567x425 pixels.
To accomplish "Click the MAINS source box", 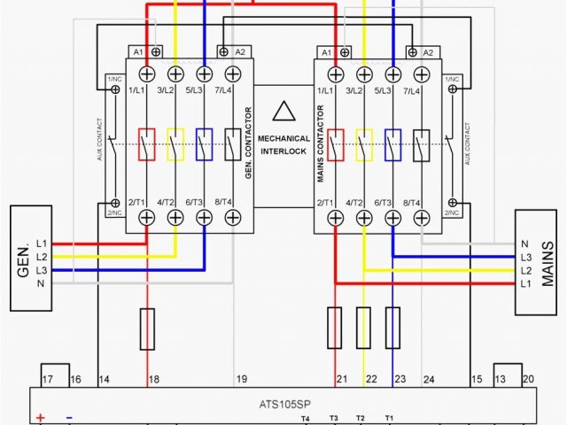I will [539, 263].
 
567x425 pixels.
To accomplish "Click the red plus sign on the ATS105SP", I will [40, 417].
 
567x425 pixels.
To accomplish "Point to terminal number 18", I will [153, 379].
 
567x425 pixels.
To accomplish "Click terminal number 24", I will [429, 379].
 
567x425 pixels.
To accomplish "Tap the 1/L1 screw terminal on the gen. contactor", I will [146, 73].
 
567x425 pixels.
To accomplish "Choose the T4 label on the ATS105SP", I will [306, 417].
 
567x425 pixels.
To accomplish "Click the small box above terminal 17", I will [56, 375].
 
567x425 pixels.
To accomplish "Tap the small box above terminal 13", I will [507, 375].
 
